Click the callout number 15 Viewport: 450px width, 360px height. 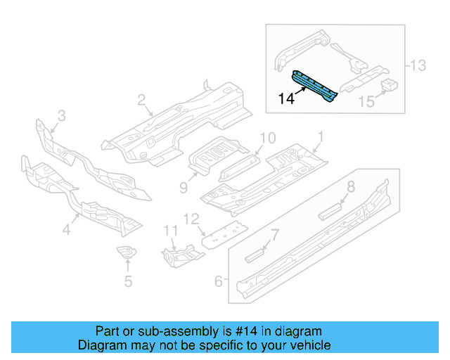point(366,103)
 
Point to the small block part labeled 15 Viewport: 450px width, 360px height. point(389,86)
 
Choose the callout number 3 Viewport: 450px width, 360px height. point(61,115)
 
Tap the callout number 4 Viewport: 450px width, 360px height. point(67,229)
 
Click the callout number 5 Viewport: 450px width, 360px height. point(127,283)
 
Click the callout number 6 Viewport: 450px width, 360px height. point(219,281)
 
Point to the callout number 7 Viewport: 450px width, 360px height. point(275,234)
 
